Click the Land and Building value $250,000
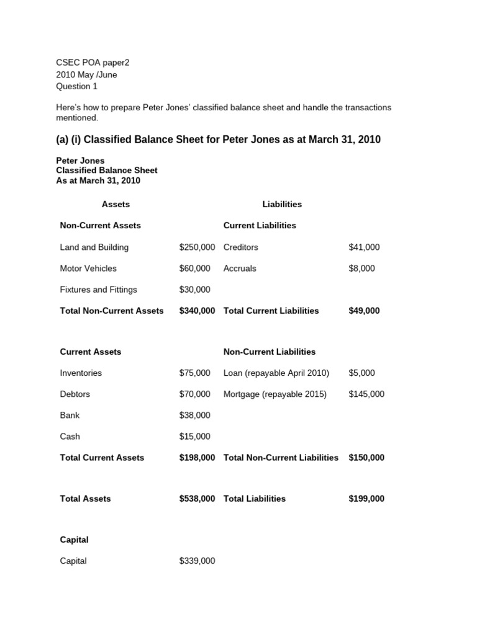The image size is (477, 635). [x=197, y=247]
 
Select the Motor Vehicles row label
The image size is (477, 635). [x=88, y=269]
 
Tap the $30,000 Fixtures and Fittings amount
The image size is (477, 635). [x=194, y=290]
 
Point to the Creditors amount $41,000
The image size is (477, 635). [x=364, y=247]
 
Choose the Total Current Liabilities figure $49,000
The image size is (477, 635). [x=364, y=311]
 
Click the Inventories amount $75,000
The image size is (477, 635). [x=194, y=373]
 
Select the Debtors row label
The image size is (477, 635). [x=75, y=394]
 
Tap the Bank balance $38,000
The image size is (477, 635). [x=194, y=415]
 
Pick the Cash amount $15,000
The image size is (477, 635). [x=194, y=437]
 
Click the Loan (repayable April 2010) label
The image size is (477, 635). [x=276, y=373]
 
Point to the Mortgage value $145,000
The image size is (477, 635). [x=366, y=394]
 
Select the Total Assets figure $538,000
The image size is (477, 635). [x=197, y=499]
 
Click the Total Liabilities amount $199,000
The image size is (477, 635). [x=366, y=499]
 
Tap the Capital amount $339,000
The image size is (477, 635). [x=197, y=561]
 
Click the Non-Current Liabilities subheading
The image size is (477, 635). [x=270, y=352]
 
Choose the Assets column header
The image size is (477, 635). [x=116, y=204]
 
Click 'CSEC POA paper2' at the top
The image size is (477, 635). [x=93, y=63]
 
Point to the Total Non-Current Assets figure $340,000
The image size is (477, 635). [x=197, y=311]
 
